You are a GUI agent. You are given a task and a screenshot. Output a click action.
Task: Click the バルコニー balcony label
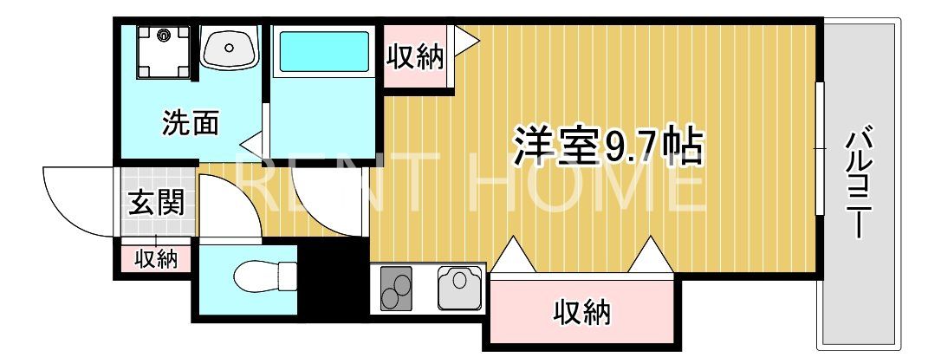[860, 182]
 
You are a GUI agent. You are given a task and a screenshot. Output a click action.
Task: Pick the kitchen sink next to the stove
[458, 287]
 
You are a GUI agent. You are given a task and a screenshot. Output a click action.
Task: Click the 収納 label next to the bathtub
[415, 57]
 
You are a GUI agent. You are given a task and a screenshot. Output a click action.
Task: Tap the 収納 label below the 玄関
[156, 258]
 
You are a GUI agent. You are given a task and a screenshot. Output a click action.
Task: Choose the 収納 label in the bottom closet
[582, 310]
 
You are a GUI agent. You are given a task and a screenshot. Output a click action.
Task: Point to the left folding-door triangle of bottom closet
[515, 258]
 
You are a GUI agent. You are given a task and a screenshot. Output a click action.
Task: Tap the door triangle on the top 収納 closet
[464, 40]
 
